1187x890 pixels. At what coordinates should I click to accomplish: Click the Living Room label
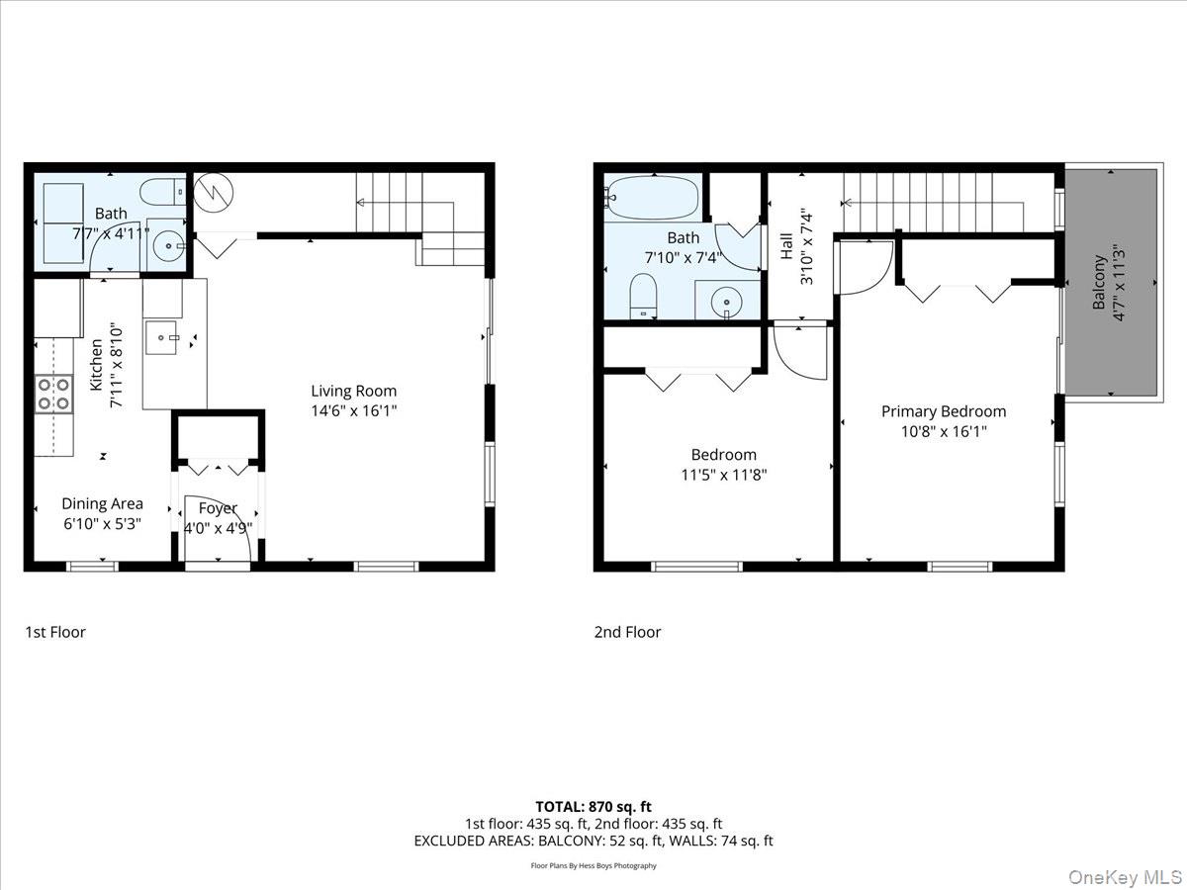pyautogui.click(x=354, y=391)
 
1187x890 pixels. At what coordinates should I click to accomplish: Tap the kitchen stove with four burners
pyautogui.click(x=54, y=394)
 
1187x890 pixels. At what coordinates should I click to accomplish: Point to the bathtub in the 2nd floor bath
pyautogui.click(x=653, y=198)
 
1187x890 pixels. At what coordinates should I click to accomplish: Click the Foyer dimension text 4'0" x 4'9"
pyautogui.click(x=218, y=528)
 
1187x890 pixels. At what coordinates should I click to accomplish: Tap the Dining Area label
pyautogui.click(x=102, y=504)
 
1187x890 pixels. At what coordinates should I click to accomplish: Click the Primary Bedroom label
pyautogui.click(x=944, y=411)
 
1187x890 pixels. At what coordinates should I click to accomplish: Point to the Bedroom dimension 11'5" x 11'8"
pyautogui.click(x=723, y=475)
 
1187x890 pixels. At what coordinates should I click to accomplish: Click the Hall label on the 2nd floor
pyautogui.click(x=786, y=245)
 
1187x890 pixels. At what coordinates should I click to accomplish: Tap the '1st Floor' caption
pyautogui.click(x=55, y=632)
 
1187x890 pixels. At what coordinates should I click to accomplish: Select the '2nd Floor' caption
pyautogui.click(x=627, y=632)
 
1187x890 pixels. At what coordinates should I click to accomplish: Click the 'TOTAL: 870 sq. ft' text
pyautogui.click(x=593, y=807)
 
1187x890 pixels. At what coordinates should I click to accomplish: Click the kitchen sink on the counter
pyautogui.click(x=160, y=337)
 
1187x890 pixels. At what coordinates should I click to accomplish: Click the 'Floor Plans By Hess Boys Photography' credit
pyautogui.click(x=593, y=866)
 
